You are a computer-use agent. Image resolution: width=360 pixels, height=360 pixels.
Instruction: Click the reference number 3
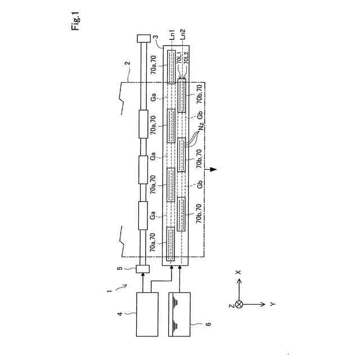pos(163,38)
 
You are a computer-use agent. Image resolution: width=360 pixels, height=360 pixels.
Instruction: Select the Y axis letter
pos(272,304)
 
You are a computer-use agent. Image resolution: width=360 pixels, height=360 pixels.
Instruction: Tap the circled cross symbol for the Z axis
pos(238,304)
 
